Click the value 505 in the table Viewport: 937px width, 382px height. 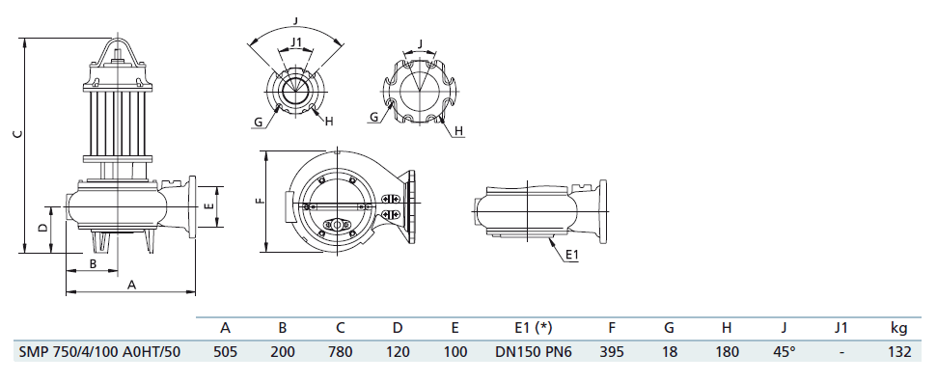pos(225,352)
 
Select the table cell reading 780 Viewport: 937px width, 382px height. pos(340,352)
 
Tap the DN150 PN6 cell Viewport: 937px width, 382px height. pos(534,352)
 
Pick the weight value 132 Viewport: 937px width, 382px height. pos(899,352)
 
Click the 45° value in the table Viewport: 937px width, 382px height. pos(784,352)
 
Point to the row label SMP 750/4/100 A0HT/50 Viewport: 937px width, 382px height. pos(99,352)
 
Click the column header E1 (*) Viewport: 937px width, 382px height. pos(534,328)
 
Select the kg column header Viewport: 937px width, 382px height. pos(899,328)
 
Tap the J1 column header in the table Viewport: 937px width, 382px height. pos(841,328)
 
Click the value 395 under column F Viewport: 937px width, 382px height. pos(612,352)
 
